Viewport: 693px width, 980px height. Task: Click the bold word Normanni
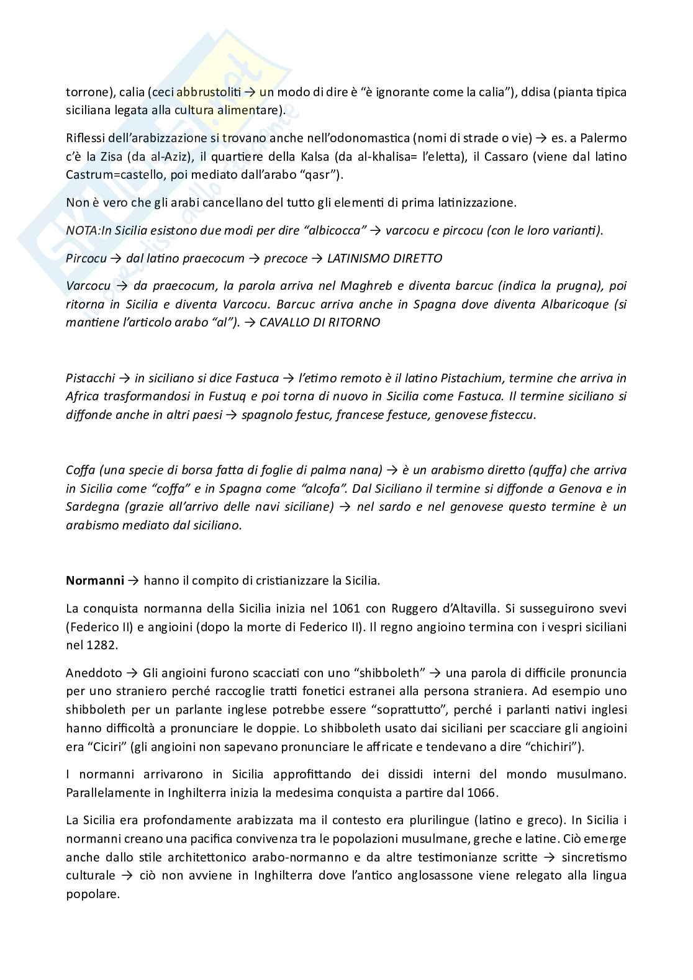(x=94, y=581)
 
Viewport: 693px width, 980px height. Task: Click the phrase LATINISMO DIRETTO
(x=384, y=258)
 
